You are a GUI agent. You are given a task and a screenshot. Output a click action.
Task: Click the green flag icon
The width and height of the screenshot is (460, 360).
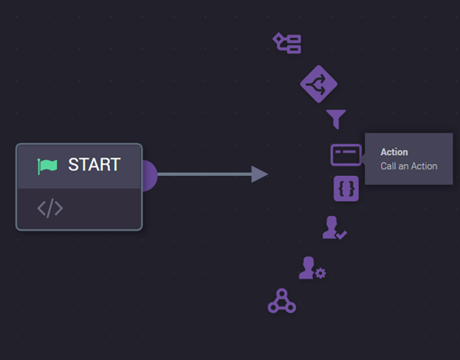47,166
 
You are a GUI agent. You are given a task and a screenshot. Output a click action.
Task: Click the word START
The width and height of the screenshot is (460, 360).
94,165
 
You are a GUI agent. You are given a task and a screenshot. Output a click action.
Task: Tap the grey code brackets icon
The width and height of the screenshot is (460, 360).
50,208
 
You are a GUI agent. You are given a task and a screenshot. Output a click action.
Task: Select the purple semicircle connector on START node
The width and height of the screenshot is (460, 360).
150,176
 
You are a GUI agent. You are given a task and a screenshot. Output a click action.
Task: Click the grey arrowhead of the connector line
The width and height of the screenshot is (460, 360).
259,174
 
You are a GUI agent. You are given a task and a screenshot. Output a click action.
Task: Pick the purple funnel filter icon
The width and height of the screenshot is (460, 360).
336,119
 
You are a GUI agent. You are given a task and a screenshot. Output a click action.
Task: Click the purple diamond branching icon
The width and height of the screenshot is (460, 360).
318,84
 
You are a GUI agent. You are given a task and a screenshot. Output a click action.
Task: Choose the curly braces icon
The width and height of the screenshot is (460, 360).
346,189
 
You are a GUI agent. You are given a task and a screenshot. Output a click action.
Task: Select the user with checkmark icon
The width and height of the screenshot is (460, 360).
335,227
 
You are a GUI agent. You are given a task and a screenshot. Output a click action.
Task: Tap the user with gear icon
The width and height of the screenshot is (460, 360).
312,268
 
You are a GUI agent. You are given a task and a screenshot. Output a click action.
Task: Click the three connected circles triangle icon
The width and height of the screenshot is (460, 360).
281,301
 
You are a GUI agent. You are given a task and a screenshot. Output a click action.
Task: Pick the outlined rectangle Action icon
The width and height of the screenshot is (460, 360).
346,155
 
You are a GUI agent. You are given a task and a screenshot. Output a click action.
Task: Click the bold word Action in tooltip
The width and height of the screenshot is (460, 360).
394,152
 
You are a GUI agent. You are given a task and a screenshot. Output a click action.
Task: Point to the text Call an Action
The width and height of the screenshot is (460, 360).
409,166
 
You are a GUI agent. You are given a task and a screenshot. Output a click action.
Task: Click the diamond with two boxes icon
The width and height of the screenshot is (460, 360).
286,43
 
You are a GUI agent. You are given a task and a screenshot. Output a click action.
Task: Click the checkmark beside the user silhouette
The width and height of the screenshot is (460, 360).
342,235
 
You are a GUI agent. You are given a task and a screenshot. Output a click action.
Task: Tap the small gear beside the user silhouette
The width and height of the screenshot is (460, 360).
320,273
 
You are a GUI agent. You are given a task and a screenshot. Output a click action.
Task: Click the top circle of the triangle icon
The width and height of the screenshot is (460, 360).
281,293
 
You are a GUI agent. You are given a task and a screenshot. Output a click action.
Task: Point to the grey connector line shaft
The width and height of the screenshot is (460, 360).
204,174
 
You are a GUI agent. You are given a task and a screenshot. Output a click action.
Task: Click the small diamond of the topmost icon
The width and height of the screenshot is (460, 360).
278,39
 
